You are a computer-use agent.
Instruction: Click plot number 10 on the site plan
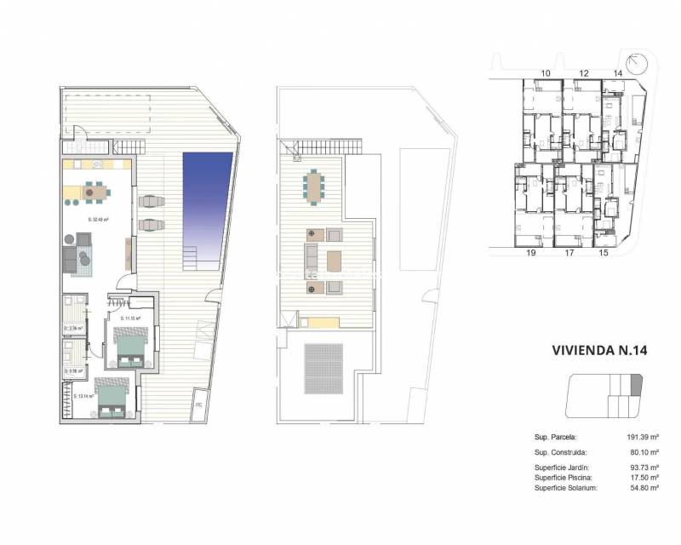(545, 74)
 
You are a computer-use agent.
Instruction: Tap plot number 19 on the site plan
(531, 253)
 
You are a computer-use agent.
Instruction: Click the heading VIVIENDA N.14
(599, 350)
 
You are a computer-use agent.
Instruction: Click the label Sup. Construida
(562, 453)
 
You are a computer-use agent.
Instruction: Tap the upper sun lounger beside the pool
(151, 202)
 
